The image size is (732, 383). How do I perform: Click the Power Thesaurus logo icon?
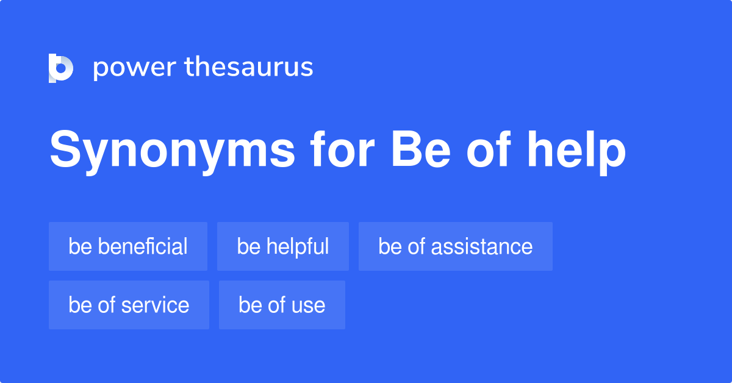point(61,68)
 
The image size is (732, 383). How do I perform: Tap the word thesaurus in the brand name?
point(248,67)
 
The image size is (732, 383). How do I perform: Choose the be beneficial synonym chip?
point(128,246)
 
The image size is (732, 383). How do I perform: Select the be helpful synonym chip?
point(283,246)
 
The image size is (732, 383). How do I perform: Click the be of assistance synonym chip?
point(455,246)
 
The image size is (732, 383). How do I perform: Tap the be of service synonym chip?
point(129,305)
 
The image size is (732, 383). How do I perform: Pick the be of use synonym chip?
point(282,305)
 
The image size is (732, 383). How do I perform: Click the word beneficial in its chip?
point(143,246)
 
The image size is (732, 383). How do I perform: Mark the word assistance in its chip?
point(482,246)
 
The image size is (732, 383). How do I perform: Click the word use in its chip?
point(309,305)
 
